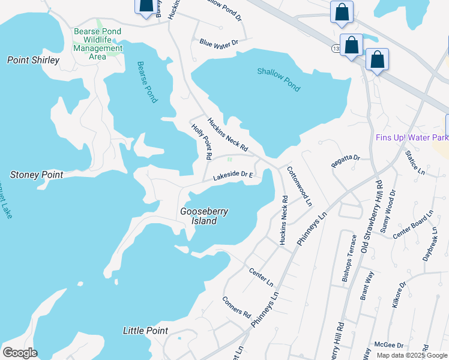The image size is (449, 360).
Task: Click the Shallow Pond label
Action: (279, 79)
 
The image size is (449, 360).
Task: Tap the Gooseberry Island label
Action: (199, 216)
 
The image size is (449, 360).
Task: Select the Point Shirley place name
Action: (33, 60)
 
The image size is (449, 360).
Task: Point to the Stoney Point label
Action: (37, 175)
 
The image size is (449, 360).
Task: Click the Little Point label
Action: (145, 331)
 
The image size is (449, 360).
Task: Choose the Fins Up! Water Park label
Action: (412, 137)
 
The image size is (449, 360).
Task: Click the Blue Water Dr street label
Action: (219, 43)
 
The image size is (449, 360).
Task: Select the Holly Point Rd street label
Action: (202, 142)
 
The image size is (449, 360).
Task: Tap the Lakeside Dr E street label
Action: (234, 175)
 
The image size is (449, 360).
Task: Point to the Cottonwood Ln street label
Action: (300, 187)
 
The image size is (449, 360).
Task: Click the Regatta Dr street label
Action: (345, 158)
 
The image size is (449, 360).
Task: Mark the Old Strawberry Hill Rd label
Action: (370, 215)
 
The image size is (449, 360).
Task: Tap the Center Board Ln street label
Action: (413, 225)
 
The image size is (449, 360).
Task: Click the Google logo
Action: (20, 352)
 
